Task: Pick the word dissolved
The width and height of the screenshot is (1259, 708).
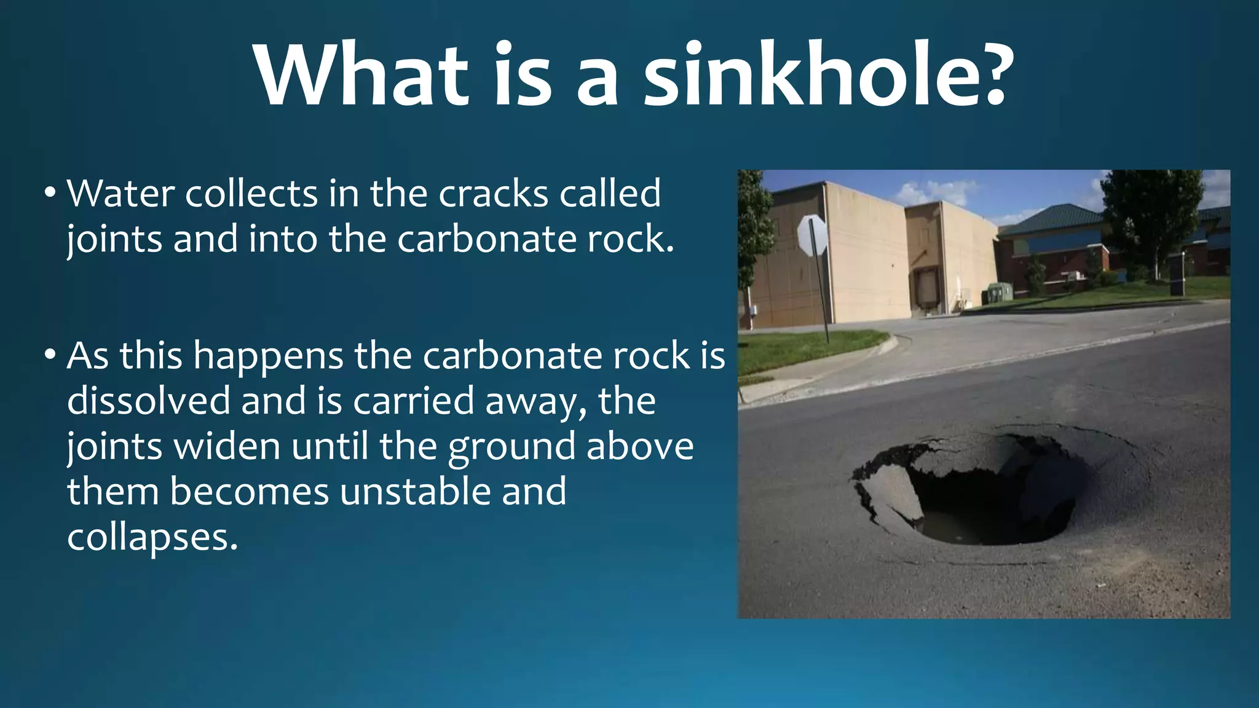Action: (x=148, y=401)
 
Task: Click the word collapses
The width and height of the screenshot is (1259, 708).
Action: (x=152, y=538)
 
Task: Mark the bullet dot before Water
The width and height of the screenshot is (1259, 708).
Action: (x=50, y=193)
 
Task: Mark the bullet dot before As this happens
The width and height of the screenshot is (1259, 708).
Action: (x=50, y=355)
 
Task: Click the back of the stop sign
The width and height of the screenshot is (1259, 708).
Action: (x=812, y=235)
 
